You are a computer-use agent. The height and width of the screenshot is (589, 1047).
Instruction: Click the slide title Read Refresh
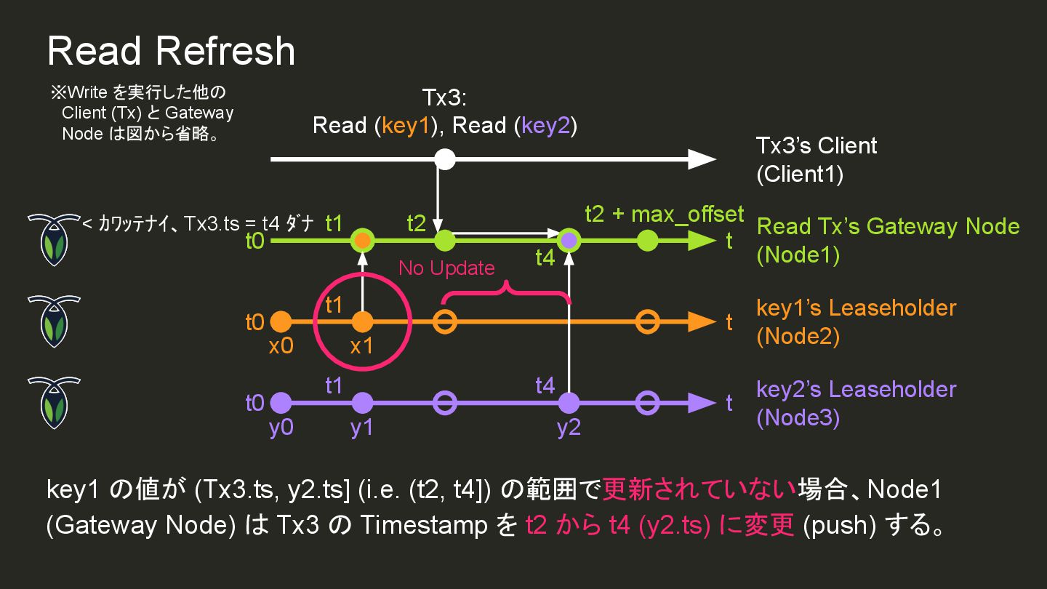point(171,51)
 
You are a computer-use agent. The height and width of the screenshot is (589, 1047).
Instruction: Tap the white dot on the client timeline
point(444,159)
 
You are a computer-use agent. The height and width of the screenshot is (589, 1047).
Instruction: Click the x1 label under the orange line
point(361,346)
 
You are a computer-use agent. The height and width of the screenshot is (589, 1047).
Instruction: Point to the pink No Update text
point(446,268)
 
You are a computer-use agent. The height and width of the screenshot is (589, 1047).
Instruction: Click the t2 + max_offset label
point(665,214)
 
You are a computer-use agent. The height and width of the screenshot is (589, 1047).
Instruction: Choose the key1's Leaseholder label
point(856,308)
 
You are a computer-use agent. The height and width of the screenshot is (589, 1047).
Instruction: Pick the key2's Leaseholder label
point(856,390)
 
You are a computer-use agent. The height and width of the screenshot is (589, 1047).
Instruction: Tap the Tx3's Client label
point(817,145)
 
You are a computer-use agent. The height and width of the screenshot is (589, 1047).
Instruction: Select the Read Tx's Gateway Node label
point(888,226)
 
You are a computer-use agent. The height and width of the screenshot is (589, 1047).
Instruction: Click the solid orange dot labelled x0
point(280,321)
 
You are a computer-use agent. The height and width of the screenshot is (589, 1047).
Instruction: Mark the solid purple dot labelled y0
point(280,402)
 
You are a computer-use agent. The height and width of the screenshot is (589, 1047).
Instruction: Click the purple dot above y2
point(569,402)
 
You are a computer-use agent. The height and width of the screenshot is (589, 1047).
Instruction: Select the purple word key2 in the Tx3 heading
point(545,126)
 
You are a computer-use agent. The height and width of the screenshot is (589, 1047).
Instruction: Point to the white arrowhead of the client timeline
point(702,159)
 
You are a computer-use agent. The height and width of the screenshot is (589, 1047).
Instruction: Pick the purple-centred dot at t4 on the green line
point(569,239)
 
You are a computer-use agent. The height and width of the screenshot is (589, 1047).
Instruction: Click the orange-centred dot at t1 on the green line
point(362,240)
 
